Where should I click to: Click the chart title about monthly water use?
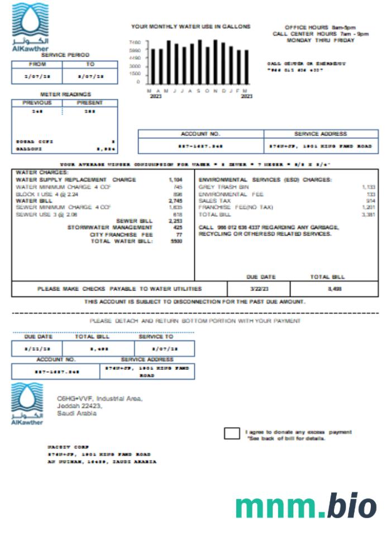190,26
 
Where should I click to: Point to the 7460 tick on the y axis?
135,42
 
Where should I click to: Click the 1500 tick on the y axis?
135,74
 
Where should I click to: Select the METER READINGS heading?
65,94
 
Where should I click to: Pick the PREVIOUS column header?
37,103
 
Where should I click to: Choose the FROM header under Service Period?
37,64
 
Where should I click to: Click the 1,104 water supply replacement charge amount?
175,180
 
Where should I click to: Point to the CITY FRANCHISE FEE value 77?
179,235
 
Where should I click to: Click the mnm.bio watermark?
306,506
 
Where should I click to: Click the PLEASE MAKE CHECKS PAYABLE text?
120,289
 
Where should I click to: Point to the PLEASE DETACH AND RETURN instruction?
195,321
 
